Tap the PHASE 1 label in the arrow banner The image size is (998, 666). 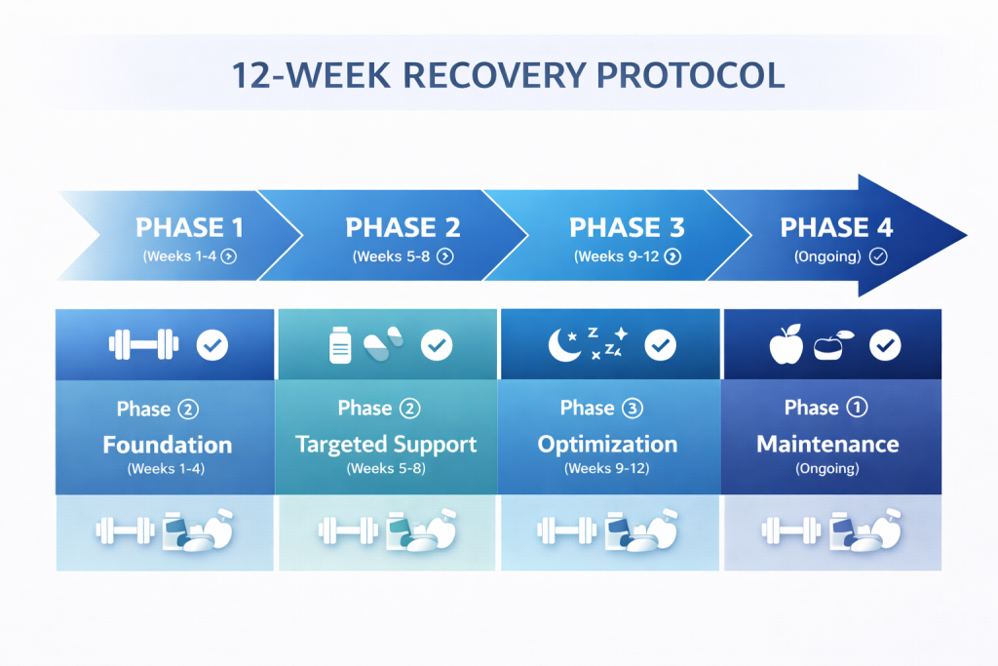coord(190,227)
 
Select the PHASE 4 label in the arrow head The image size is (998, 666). coord(836,227)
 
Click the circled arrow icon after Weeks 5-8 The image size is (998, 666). coord(445,256)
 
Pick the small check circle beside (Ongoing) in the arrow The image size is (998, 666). coord(878,256)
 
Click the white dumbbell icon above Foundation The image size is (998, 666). coord(144,344)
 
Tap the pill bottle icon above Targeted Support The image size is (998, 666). coord(340,345)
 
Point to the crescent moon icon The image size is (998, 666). coord(563,345)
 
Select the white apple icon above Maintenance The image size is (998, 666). coord(787,344)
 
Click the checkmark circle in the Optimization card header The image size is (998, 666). coord(661,345)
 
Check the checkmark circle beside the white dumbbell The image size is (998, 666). coord(211,345)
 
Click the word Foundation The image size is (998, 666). coord(168,445)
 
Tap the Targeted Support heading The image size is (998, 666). coord(386,445)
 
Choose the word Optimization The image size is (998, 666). coord(607,445)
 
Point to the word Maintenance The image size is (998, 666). coord(827,444)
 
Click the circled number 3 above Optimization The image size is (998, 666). coord(632,408)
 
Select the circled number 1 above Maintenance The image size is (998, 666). coord(857,407)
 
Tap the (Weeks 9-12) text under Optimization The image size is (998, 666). coord(606,469)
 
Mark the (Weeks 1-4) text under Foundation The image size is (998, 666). coord(166,469)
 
